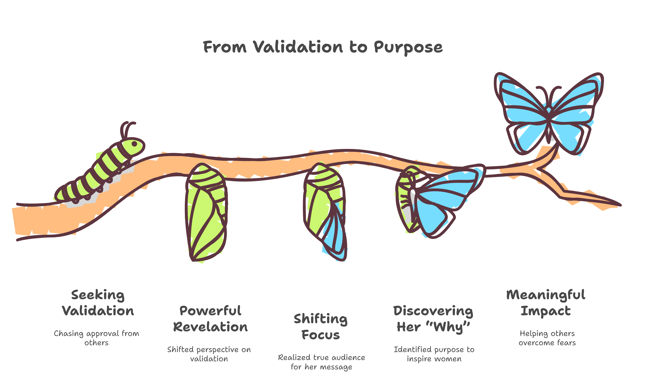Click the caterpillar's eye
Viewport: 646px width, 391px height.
tap(134, 143)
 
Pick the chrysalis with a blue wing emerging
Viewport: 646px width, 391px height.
tap(325, 212)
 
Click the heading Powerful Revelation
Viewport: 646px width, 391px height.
tap(210, 319)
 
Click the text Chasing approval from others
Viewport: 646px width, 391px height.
tap(96, 338)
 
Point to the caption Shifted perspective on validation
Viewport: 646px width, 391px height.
tap(209, 354)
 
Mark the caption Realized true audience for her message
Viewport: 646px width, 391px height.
tap(321, 362)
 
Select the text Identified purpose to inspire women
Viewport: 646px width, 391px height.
tap(434, 354)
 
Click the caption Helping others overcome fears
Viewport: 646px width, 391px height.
tap(547, 338)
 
